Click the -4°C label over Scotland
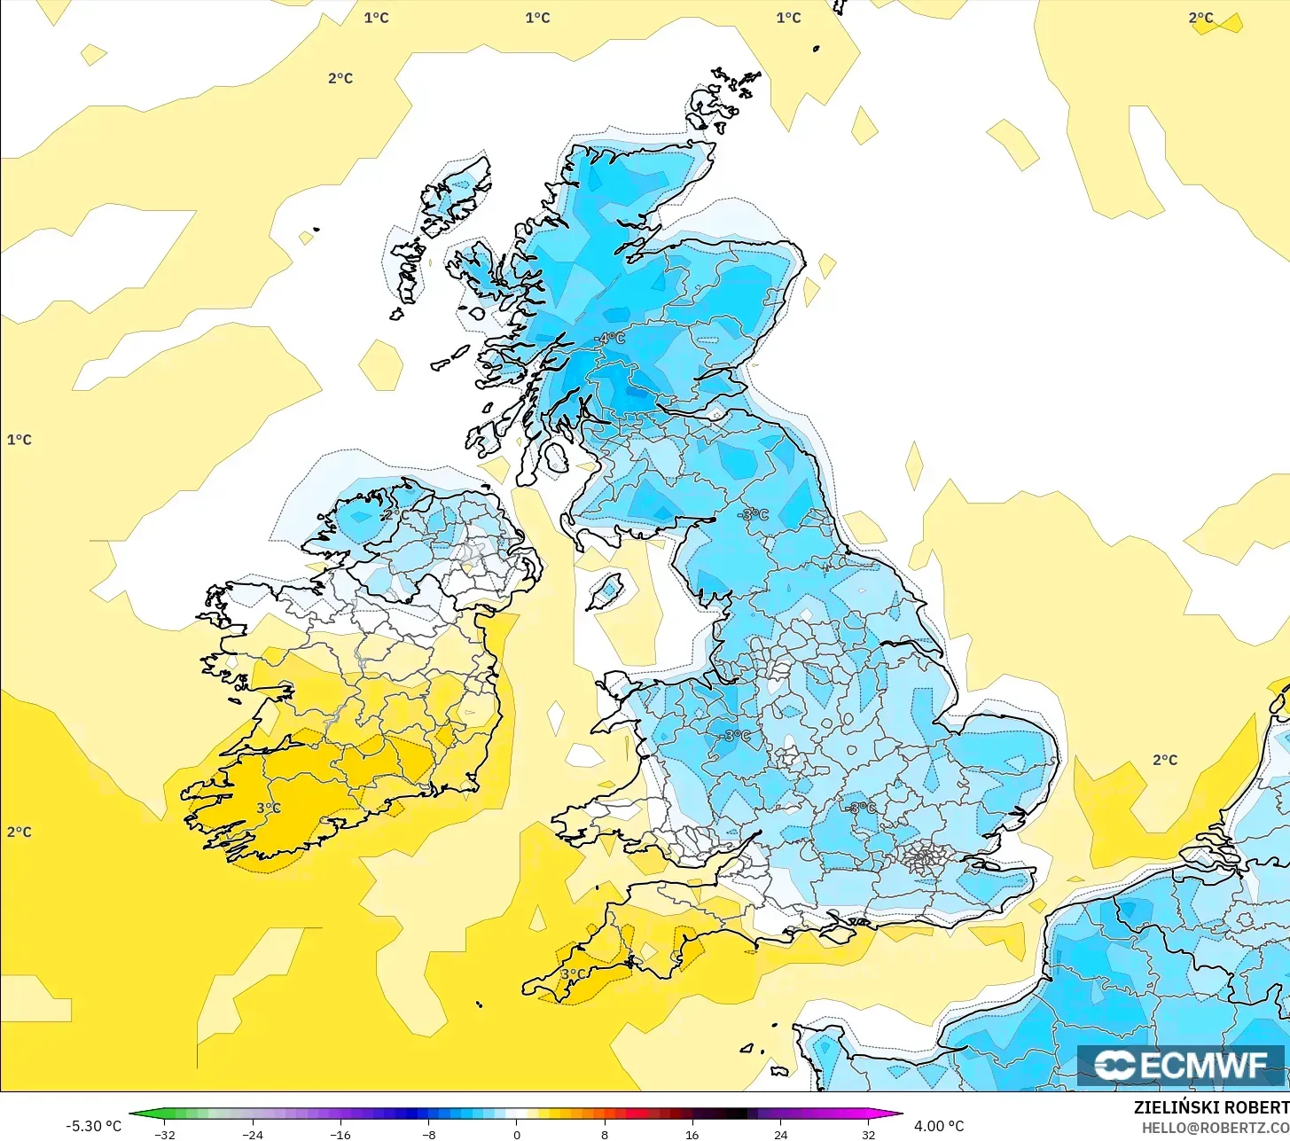[609, 339]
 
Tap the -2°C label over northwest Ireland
[395, 515]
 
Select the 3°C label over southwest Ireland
[269, 809]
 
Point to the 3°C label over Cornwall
[573, 974]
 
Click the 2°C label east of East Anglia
[1165, 760]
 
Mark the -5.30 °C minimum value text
[94, 1126]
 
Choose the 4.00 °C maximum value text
[939, 1126]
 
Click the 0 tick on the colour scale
[517, 1134]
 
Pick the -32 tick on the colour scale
[164, 1134]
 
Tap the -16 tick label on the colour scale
[340, 1134]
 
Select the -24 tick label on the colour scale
[253, 1134]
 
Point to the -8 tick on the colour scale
[428, 1134]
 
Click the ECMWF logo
[1180, 1065]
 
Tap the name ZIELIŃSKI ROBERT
[1211, 1107]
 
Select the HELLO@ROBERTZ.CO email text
[1215, 1127]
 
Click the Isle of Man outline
[606, 590]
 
